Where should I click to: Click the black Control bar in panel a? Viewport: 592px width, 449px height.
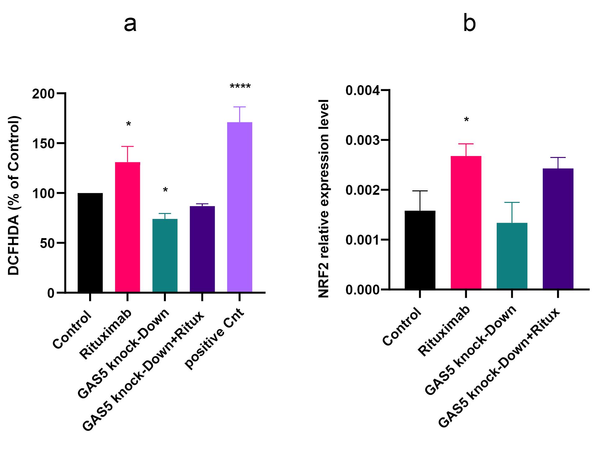90,242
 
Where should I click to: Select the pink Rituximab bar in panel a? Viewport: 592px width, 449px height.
127,227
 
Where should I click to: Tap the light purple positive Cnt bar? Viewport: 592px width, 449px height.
240,207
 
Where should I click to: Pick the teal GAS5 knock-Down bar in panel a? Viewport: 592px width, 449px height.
165,255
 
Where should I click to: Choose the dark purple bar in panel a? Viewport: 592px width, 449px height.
202,249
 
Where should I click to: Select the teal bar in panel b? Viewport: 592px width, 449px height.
512,256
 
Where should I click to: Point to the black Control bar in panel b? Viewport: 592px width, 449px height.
420,250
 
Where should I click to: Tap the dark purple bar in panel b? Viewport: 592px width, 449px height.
558,229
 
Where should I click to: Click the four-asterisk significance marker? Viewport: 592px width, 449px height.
240,86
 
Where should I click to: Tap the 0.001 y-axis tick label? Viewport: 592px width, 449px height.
363,240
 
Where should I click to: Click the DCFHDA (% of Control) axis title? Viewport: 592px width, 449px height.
14,196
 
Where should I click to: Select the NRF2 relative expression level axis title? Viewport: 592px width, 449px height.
324,198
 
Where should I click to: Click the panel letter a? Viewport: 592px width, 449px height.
130,24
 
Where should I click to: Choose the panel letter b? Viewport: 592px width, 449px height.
469,22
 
